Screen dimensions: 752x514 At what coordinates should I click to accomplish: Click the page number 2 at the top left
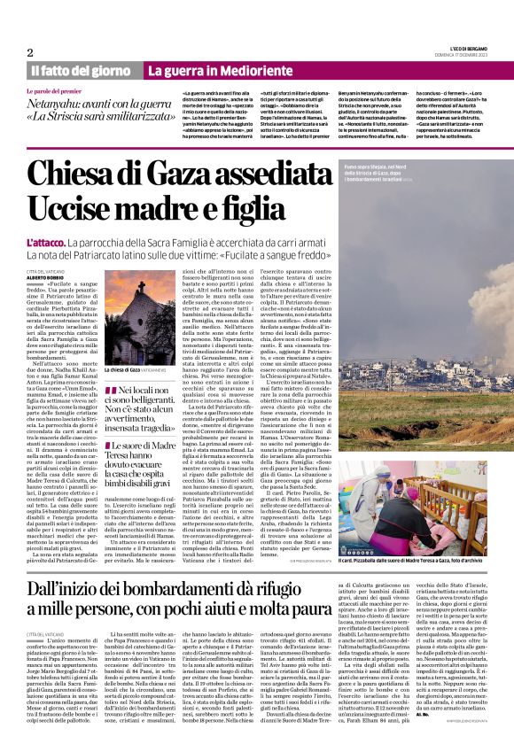point(30,52)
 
